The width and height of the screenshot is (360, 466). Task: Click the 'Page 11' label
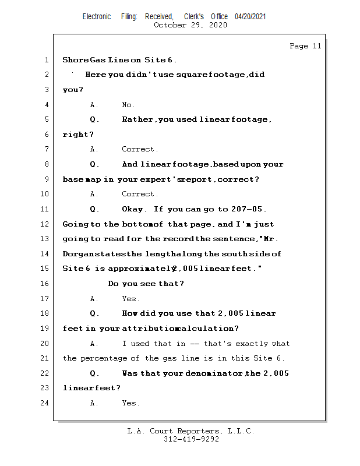coord(305,46)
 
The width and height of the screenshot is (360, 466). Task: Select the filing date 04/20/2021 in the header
coord(250,16)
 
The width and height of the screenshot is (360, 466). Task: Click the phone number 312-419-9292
coord(191,440)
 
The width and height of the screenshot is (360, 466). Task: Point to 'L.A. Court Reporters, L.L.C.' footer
coord(191,432)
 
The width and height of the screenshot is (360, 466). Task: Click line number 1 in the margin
coord(45,60)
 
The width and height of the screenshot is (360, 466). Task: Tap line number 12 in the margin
coord(44,224)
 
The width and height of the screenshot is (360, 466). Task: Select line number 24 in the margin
coord(44,403)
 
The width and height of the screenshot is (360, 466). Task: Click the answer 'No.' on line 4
coord(128,105)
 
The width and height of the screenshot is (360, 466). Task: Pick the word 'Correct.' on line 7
coord(140,150)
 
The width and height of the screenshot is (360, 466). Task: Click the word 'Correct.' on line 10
coord(140,194)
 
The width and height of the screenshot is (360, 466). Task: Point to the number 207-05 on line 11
coord(246,209)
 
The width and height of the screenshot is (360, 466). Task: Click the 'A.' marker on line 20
coord(94,344)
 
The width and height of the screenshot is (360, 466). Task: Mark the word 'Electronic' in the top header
coord(97,16)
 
